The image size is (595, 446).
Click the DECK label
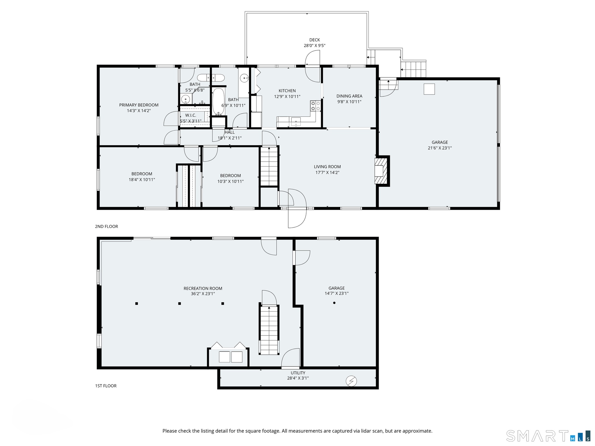(x=315, y=40)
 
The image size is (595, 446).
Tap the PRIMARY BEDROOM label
(x=139, y=105)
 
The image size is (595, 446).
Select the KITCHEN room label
(x=287, y=91)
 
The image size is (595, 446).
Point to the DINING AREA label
(x=349, y=96)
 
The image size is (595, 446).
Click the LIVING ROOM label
(x=327, y=167)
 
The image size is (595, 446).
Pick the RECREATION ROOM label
(x=203, y=288)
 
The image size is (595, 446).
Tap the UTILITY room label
(x=298, y=373)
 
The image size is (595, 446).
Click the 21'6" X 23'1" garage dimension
(x=440, y=148)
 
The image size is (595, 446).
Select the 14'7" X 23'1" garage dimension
(x=337, y=293)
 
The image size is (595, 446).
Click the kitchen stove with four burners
(x=315, y=106)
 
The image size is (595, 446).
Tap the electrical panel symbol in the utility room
(x=351, y=381)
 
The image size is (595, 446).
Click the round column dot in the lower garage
(x=334, y=303)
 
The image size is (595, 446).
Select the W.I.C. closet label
(x=191, y=115)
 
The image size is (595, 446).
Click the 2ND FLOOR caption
(x=106, y=226)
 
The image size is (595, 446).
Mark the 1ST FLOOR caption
(x=106, y=386)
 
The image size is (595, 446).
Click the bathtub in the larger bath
(x=218, y=102)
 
